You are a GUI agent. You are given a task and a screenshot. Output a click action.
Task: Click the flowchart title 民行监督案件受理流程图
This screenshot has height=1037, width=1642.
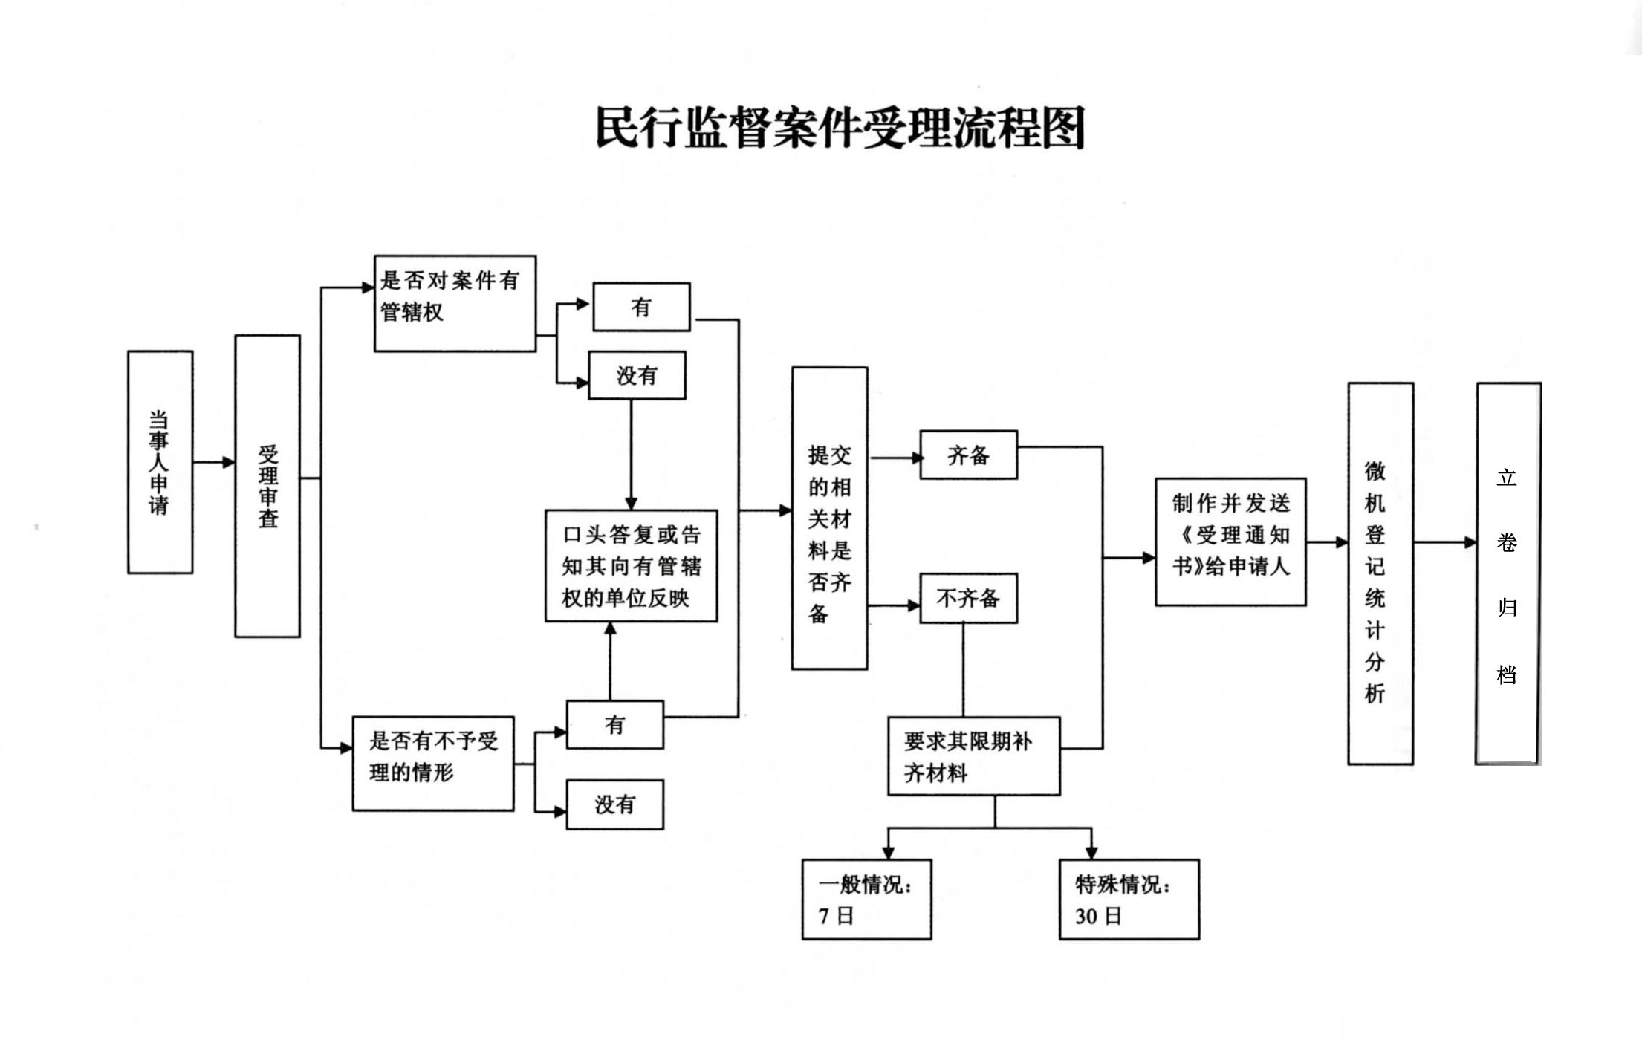point(840,128)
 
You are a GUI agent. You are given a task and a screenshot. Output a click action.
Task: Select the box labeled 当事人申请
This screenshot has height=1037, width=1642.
point(160,462)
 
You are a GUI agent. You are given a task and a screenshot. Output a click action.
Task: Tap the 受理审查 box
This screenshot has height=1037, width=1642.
point(267,486)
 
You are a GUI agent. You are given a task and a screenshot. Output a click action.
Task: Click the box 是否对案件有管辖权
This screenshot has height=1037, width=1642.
point(455,304)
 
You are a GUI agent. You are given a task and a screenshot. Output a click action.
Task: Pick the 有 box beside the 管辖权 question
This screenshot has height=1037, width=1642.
point(641,307)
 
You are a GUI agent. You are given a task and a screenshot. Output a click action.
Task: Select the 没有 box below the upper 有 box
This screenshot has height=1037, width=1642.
point(637,375)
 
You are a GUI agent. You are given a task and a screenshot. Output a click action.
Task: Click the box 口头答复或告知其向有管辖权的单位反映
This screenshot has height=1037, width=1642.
point(632,566)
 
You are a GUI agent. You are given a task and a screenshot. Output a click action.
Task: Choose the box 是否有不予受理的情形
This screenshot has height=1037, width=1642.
point(433,764)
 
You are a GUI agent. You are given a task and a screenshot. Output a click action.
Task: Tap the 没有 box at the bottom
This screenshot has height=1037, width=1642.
point(614,804)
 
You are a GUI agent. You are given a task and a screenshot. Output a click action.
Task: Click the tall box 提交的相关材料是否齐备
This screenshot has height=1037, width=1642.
point(830,518)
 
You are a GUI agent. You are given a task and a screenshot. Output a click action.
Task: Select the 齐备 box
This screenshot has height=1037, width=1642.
point(969,455)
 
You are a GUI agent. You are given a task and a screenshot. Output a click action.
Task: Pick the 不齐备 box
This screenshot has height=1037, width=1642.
point(969,598)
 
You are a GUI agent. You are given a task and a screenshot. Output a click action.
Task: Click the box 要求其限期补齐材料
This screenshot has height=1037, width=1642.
point(974,756)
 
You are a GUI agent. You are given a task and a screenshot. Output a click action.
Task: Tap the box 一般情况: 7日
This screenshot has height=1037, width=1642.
point(867,900)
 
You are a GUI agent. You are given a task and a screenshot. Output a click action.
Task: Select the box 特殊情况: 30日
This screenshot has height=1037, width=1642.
point(1129,900)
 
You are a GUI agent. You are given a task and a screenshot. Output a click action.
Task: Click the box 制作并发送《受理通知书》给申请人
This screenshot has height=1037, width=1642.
point(1231,542)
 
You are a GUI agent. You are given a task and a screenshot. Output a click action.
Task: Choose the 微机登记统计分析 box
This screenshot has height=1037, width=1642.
point(1380,573)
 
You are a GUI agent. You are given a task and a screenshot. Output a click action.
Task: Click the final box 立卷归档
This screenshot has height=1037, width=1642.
point(1508,573)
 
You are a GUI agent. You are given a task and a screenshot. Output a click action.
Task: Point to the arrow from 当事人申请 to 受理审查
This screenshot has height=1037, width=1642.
point(214,462)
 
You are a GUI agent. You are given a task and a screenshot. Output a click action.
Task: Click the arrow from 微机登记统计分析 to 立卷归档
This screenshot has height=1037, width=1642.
point(1445,542)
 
